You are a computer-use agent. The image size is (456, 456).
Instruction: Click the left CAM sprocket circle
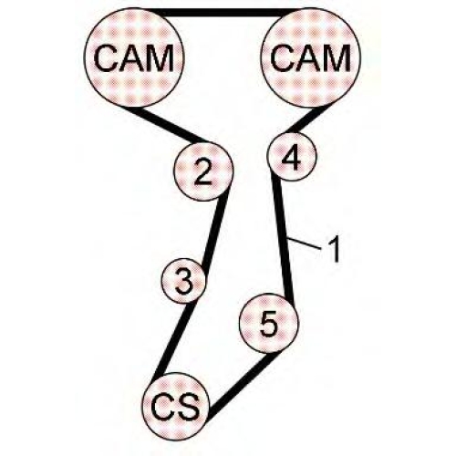pos(134,57)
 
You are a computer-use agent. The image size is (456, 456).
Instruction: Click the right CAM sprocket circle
pos(310,57)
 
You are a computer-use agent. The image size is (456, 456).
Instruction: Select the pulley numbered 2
pos(203,171)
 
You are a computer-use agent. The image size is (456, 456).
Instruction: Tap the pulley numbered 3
pos(183,280)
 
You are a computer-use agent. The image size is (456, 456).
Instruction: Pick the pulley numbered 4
pos(292,157)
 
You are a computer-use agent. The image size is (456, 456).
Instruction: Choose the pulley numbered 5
pos(269,324)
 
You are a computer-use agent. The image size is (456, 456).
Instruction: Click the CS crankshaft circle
pos(176,406)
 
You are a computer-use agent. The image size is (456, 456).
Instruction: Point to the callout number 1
pos(334,249)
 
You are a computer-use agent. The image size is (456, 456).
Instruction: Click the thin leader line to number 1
pos(304,244)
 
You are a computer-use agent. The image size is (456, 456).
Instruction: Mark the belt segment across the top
pos(223,13)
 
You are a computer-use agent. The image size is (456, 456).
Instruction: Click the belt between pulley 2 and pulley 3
pos(215,232)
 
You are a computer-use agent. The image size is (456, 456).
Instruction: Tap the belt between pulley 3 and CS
pos(176,338)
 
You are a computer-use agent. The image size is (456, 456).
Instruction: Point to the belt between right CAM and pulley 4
pos(305,120)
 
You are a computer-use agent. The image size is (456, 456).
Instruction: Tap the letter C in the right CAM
pos(282,57)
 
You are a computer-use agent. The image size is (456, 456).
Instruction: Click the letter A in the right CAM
pos(307,57)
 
